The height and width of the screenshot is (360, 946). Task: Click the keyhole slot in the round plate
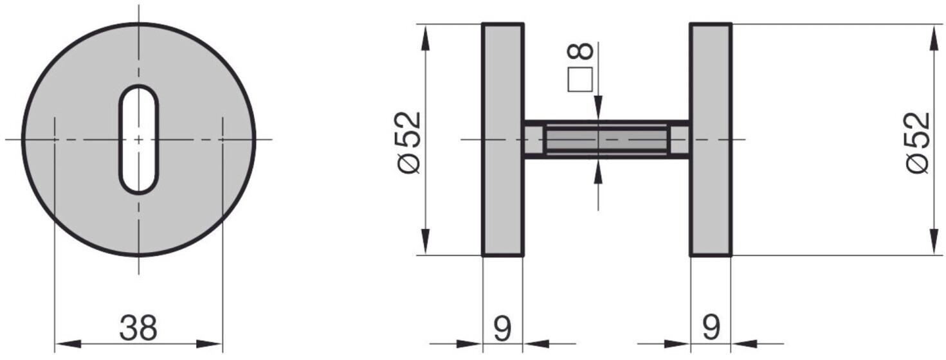point(138,139)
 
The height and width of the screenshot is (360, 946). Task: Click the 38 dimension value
point(138,328)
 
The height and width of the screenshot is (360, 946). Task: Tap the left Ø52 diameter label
point(409,142)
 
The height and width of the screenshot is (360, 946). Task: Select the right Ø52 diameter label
point(918,142)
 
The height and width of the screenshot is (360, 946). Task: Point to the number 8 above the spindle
point(580,51)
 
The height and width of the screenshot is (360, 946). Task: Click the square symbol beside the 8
point(580,79)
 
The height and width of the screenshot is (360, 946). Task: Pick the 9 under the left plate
point(502,328)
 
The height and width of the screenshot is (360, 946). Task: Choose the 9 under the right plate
point(711,328)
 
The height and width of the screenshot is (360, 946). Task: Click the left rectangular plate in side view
point(503,139)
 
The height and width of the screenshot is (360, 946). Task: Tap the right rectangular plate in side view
point(711,139)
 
